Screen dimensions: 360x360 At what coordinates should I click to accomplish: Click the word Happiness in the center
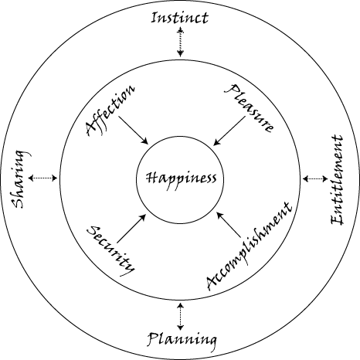coord(182,180)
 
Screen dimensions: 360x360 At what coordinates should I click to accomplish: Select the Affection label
coord(110,110)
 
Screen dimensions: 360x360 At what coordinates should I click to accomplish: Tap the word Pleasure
coord(249,108)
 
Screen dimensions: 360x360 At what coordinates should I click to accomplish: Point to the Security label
coord(111,251)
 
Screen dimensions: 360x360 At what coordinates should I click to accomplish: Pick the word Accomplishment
coord(250,246)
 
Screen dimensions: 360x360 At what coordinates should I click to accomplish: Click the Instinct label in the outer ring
coord(179,18)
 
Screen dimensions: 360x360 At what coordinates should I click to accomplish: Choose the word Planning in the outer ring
coord(182,341)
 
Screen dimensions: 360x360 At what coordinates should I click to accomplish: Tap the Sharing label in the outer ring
coord(21,179)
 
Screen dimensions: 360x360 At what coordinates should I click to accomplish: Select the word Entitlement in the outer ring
coord(337,179)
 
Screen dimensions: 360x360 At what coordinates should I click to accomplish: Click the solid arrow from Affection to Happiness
coord(133,131)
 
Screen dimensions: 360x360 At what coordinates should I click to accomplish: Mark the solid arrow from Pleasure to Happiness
coord(229,131)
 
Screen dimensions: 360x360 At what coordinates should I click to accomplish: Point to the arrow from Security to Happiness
coord(131,229)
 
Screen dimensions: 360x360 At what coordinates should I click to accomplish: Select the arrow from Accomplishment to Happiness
coord(229,224)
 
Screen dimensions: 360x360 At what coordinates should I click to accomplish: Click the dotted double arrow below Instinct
coord(180,42)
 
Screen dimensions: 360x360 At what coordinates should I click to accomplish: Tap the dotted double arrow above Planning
coord(181,317)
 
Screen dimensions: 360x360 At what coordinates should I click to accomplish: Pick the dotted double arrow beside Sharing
coord(42,178)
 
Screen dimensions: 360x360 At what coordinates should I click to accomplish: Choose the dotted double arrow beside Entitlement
coord(315,178)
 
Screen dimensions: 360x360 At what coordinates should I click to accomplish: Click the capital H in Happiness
coord(151,178)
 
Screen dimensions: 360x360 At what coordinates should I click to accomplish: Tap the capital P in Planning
coord(154,339)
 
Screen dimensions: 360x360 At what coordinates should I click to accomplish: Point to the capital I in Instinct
coord(154,18)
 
